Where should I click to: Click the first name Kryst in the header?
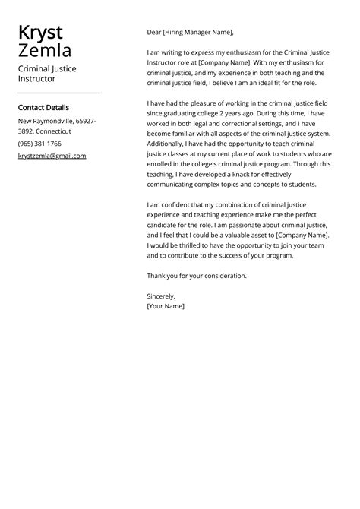click(40, 33)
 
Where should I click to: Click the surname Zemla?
click(45, 51)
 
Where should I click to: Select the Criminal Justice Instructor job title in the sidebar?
click(47, 74)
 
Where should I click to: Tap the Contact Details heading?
click(43, 108)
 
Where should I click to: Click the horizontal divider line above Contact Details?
click(59, 93)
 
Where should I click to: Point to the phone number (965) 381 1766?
click(39, 144)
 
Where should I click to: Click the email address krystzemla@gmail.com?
click(52, 156)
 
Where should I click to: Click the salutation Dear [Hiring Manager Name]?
click(190, 32)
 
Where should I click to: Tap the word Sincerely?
click(161, 296)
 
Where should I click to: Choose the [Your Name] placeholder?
click(166, 306)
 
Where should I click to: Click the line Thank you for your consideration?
click(197, 276)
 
